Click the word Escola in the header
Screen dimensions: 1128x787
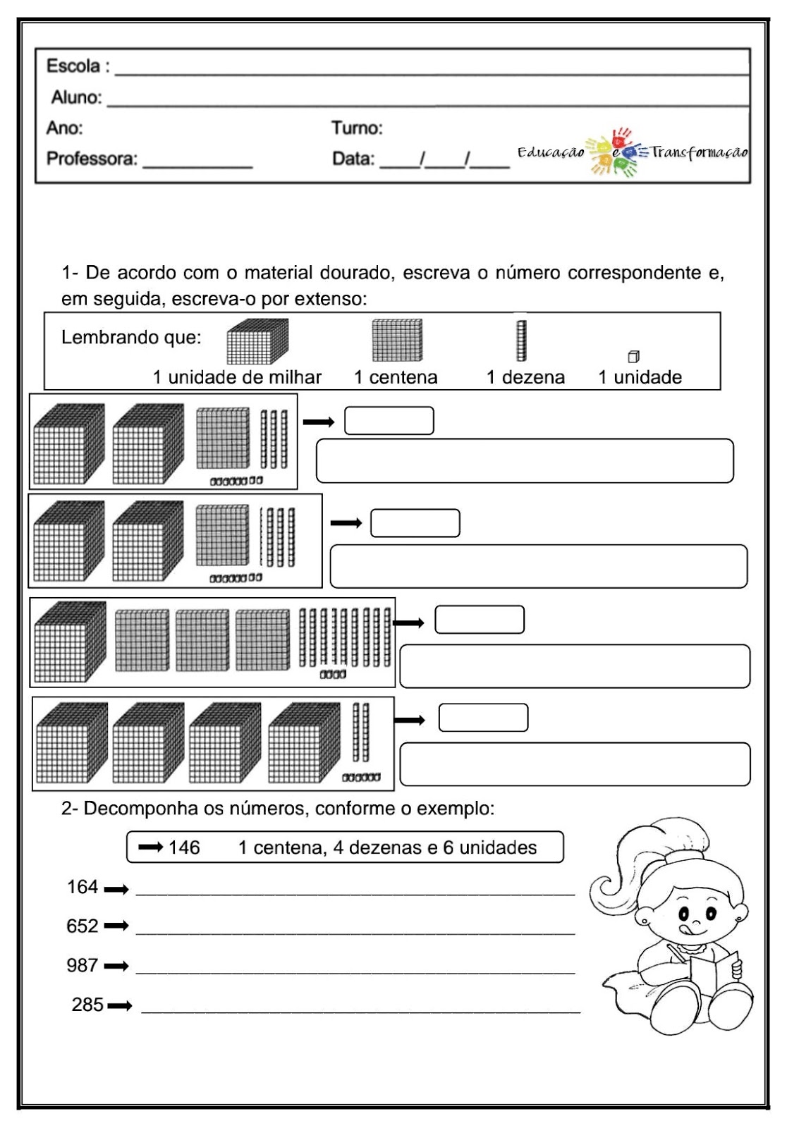(73, 66)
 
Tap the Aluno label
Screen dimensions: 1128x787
(76, 97)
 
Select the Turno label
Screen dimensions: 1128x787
(357, 128)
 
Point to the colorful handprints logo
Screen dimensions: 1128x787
(614, 152)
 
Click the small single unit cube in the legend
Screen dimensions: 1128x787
(633, 357)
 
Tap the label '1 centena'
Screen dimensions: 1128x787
(396, 378)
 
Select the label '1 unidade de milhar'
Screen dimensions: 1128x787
(237, 378)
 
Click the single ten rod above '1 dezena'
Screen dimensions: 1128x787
(522, 341)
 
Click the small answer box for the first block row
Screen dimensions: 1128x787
(389, 421)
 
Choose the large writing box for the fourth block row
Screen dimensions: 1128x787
(575, 764)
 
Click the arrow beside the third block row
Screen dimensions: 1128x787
(409, 623)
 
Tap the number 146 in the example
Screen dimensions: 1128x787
(184, 847)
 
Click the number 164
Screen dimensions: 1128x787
(83, 887)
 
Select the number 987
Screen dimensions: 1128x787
(83, 965)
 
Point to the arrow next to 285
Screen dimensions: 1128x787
(120, 1006)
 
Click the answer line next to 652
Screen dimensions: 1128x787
(355, 931)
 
